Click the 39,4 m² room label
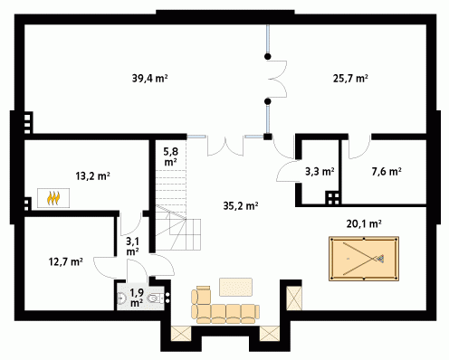[x=149, y=79]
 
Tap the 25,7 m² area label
[x=350, y=79]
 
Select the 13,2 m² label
[x=92, y=175]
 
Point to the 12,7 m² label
[x=66, y=261]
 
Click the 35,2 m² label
[x=241, y=206]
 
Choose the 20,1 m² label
[x=364, y=223]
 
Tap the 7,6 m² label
[x=387, y=172]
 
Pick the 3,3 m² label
[x=320, y=172]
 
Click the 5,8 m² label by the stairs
[x=170, y=156]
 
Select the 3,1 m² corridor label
[x=132, y=246]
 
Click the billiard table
[x=364, y=259]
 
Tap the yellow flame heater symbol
[x=53, y=198]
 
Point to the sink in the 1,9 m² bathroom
[x=121, y=298]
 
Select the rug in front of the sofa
[x=235, y=287]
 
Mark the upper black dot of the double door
[x=268, y=56]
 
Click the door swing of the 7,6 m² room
[x=359, y=147]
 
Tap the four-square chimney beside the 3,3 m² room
[x=333, y=198]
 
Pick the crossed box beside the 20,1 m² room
[x=294, y=298]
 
